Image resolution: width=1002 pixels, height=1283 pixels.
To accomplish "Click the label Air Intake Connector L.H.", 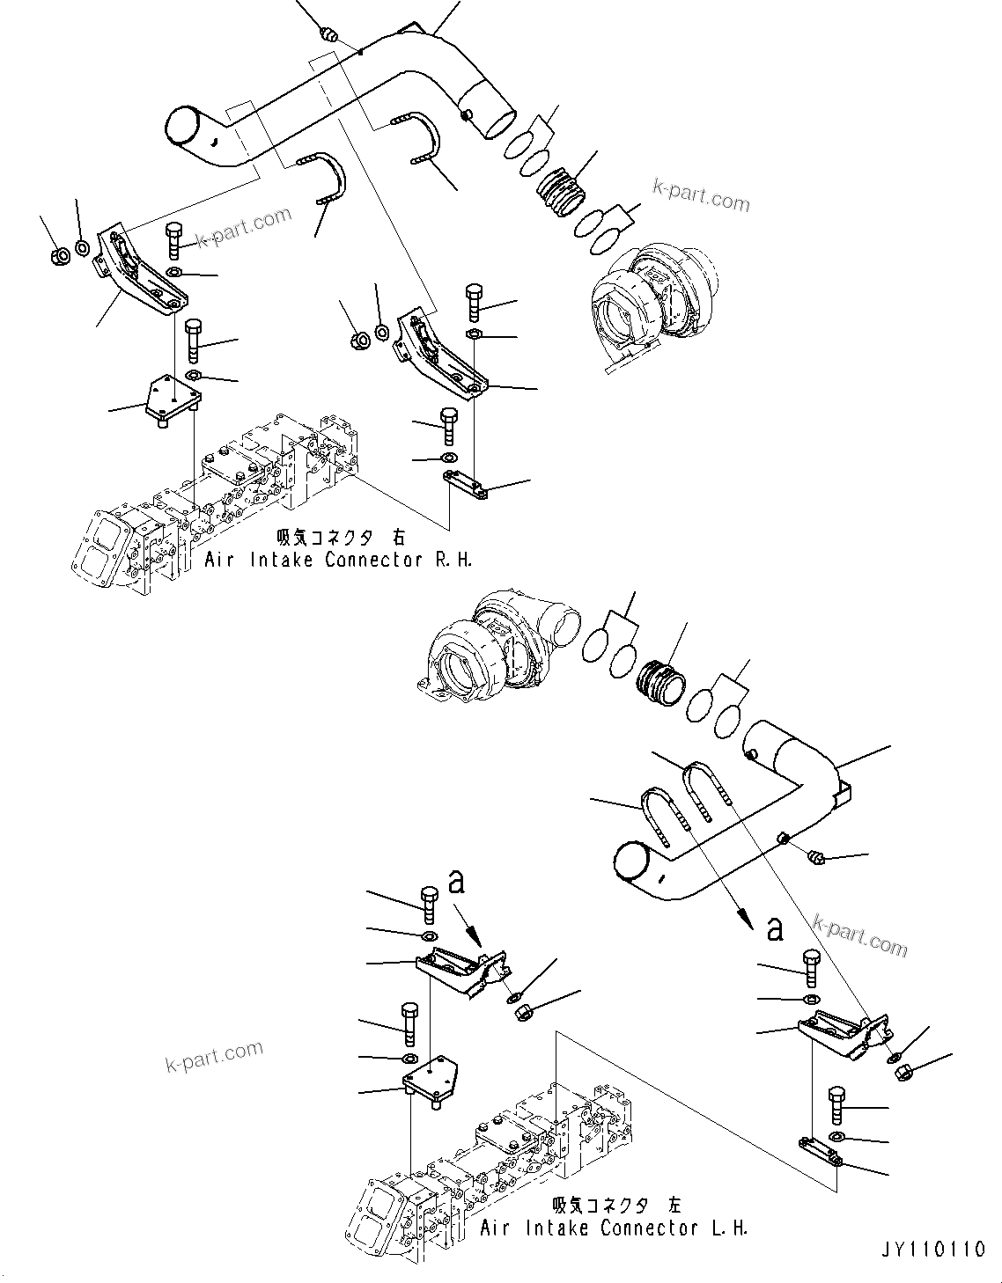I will pos(615,1228).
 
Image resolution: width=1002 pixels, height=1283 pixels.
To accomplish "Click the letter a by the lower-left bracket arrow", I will pos(456,881).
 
